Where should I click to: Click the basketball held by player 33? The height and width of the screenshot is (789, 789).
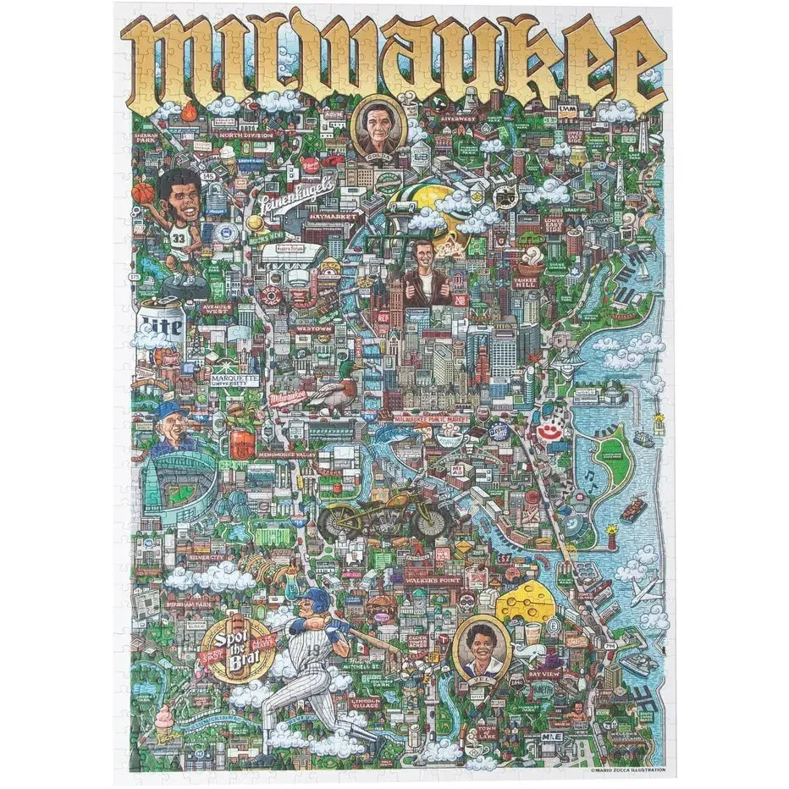(x=143, y=192)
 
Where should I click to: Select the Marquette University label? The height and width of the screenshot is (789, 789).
(x=234, y=380)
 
